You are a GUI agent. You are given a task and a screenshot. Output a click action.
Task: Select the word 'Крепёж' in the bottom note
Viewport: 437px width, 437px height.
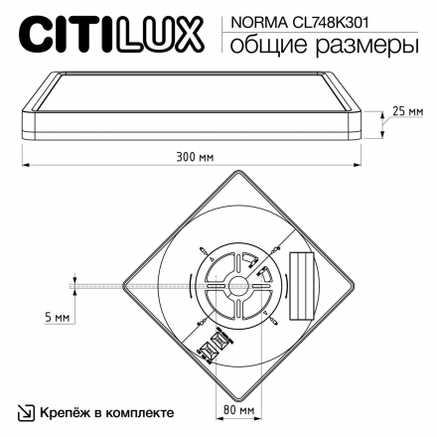[68, 410]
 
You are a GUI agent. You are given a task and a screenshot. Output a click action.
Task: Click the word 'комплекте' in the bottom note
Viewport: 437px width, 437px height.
[142, 410]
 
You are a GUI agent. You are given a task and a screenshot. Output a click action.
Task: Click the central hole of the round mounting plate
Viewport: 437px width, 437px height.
[236, 284]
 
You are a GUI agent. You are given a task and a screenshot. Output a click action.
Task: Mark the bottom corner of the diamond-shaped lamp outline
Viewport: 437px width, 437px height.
[236, 398]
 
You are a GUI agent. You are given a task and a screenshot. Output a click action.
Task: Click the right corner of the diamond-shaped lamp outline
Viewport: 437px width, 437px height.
[351, 284]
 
